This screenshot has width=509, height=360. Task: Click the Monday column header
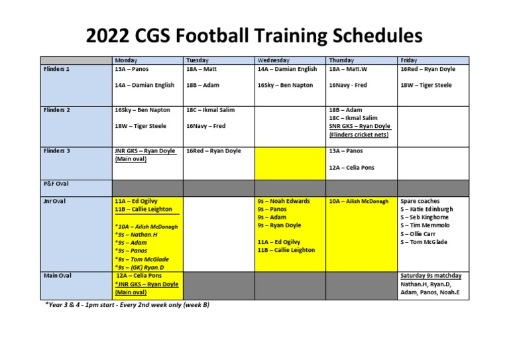(126, 60)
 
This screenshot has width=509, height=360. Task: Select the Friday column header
(409, 60)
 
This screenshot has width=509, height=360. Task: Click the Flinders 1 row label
(56, 68)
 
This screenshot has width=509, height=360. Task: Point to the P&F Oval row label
(56, 184)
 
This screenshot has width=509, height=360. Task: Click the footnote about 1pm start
(128, 306)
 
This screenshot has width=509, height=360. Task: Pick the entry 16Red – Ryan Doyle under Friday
(428, 69)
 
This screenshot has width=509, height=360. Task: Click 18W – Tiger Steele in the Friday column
(425, 85)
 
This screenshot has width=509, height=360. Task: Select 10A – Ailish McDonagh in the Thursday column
(358, 202)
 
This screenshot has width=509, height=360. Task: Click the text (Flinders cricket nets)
(359, 135)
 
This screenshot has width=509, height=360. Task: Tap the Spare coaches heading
(420, 201)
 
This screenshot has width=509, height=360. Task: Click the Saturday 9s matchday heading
(431, 275)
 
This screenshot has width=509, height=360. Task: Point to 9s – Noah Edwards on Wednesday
(283, 201)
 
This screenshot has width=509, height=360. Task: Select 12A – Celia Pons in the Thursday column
(351, 168)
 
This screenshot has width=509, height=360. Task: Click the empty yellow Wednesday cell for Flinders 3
(289, 162)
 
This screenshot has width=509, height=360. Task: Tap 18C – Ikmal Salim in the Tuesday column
(210, 110)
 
